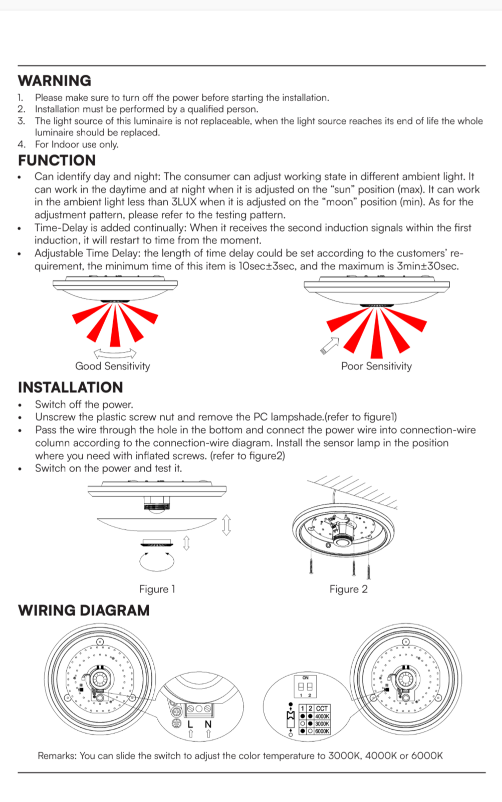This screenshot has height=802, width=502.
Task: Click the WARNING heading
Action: tap(55, 81)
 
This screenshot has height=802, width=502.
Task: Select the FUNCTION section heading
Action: tap(57, 160)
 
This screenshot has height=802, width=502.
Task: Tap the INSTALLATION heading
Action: tap(70, 387)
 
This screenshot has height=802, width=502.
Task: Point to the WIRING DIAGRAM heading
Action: tap(84, 611)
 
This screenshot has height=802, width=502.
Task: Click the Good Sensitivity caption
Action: tap(112, 366)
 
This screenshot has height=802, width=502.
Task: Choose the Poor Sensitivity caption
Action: tap(376, 366)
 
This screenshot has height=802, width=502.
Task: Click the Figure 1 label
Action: tap(157, 589)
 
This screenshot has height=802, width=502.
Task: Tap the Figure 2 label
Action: tap(348, 589)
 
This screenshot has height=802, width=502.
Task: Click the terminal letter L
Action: tap(190, 724)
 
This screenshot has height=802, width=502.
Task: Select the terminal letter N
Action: tap(208, 724)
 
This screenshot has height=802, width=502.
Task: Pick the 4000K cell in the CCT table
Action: tap(322, 716)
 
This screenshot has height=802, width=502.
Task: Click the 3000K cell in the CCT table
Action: tap(322, 724)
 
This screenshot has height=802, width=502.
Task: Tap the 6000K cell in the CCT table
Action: tap(322, 731)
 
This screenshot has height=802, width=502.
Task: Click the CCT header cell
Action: tap(322, 709)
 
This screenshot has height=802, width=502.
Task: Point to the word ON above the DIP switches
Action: tap(306, 678)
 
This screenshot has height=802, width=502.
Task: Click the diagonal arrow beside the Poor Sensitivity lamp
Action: tap(329, 345)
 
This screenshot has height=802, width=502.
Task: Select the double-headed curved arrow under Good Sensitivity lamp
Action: tap(115, 352)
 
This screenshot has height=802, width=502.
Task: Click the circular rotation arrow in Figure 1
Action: tap(157, 561)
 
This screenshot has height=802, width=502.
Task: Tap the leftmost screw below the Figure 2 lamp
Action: tap(311, 566)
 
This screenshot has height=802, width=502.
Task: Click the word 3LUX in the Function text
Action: tap(184, 203)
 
